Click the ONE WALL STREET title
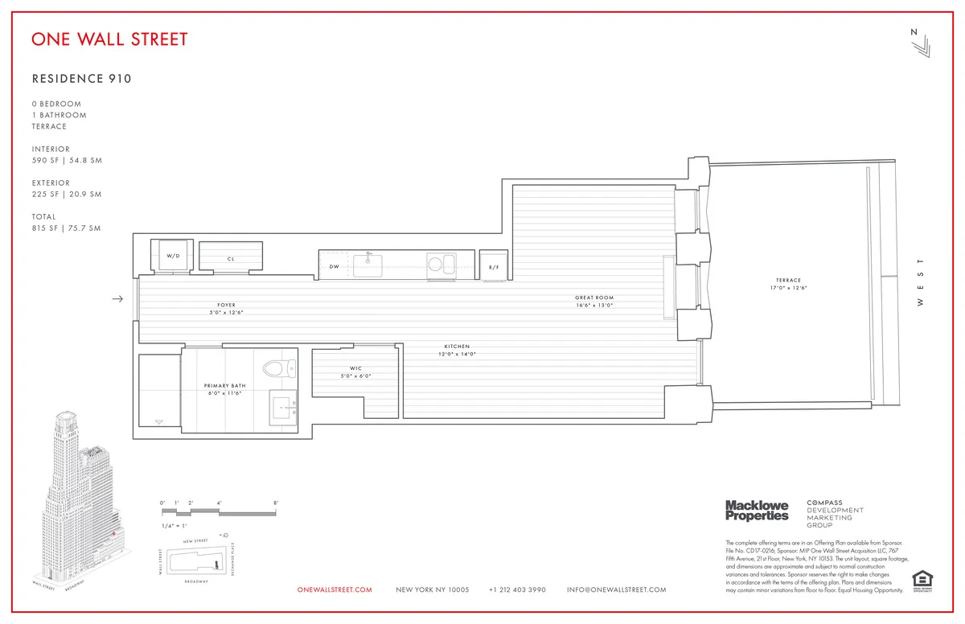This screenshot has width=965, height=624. coord(109,39)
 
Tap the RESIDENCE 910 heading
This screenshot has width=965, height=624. coord(81,79)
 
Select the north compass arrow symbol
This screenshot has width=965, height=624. coord(920,43)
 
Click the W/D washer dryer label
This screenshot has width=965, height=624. coord(173,256)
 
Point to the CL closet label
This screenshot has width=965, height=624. coord(231,259)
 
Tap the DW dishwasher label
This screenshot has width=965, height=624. coord(334,266)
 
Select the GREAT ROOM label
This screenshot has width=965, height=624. coord(594,298)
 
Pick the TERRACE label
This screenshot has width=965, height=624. coord(789,281)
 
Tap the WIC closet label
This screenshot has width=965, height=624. coord(355,369)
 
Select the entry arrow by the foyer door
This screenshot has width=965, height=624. coord(117,299)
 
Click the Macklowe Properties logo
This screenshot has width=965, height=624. coord(757,510)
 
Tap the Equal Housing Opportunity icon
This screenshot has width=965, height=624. coord(920,580)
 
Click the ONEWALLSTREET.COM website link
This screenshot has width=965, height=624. coord(335,590)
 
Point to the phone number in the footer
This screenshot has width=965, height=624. coord(517,590)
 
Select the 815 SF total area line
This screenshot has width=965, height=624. coord(67,228)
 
